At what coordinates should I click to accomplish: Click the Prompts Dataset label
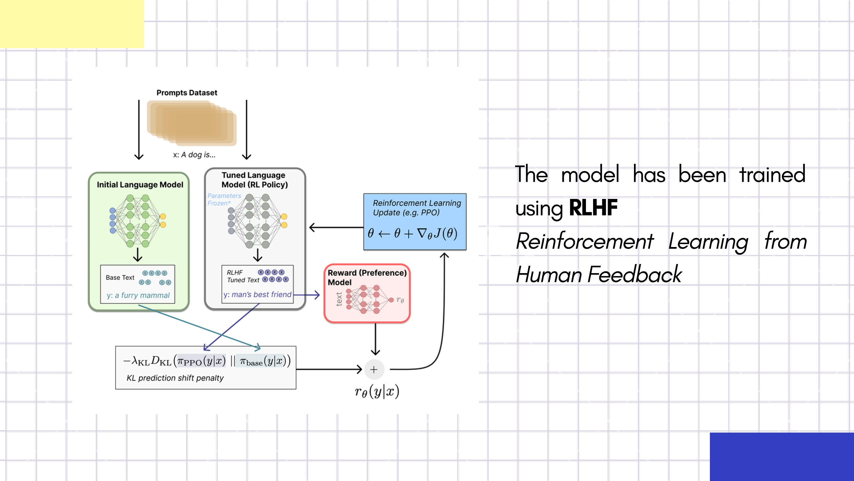[x=187, y=93]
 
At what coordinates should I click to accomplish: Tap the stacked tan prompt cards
[x=192, y=123]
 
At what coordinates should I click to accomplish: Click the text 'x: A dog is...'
[x=194, y=155]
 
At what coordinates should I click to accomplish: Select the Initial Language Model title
[x=140, y=185]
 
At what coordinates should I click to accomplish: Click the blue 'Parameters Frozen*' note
[x=224, y=200]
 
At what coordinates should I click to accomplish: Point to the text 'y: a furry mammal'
[x=138, y=295]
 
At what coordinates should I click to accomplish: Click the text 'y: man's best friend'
[x=257, y=295]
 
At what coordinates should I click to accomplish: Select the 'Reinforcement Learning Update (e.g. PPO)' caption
[x=417, y=208]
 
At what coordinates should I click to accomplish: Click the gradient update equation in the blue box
[x=413, y=233]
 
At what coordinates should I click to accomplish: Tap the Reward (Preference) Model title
[x=367, y=278]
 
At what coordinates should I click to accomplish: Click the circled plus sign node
[x=374, y=369]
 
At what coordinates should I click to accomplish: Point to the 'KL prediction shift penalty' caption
[x=175, y=378]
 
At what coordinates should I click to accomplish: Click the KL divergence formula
[x=207, y=361]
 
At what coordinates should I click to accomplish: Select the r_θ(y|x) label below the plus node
[x=377, y=392]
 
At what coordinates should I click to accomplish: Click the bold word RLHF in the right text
[x=593, y=208]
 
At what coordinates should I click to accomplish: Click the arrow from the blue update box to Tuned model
[x=336, y=227]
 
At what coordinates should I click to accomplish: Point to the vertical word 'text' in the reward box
[x=339, y=299]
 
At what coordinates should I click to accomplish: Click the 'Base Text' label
[x=120, y=278]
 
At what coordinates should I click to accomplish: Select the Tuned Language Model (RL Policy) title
[x=254, y=180]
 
